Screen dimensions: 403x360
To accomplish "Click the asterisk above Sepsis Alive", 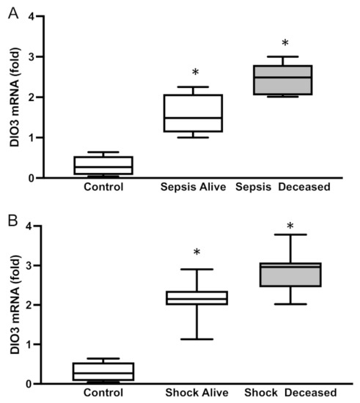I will tap(196, 73).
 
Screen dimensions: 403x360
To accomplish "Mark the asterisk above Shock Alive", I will tap(196, 254).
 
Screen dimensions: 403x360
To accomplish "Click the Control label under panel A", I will tap(103, 188).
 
